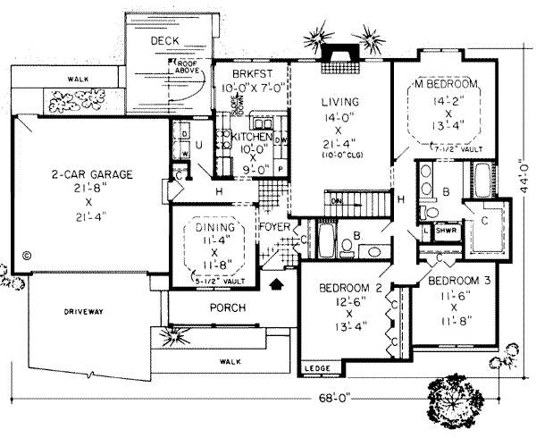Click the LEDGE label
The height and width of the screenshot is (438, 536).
tap(314, 368)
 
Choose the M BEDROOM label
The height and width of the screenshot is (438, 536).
tap(444, 84)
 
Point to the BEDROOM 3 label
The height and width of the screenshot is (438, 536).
tap(455, 280)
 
